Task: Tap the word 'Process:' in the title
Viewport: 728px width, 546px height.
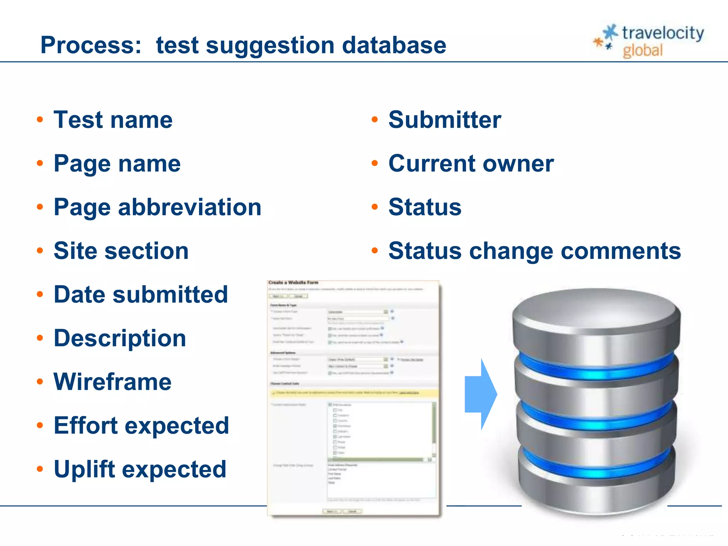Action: click(x=91, y=45)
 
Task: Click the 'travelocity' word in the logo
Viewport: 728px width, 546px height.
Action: click(x=663, y=33)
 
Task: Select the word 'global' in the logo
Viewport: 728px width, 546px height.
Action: click(x=643, y=50)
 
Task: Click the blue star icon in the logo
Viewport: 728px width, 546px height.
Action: click(x=611, y=32)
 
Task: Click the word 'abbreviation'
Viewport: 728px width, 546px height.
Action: click(x=189, y=207)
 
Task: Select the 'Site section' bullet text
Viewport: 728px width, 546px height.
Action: click(x=121, y=251)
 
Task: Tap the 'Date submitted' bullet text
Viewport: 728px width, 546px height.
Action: click(x=141, y=294)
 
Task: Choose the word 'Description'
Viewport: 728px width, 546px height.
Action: click(x=120, y=338)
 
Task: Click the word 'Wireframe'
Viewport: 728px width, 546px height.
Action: click(x=112, y=382)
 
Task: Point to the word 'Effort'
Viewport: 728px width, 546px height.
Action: click(x=86, y=425)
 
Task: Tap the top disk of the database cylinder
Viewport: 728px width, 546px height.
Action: click(x=596, y=313)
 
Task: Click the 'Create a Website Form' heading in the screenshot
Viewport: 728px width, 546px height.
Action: click(x=293, y=283)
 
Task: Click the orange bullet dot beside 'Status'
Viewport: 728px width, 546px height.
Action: click(x=375, y=207)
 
